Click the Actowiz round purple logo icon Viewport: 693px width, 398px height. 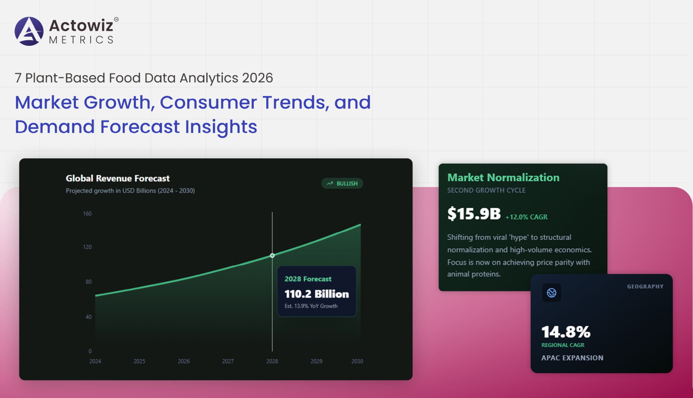coord(29,31)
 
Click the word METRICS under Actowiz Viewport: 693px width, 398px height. coord(81,40)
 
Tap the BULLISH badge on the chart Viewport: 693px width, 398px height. coord(342,184)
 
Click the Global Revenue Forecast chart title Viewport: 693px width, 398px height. coord(118,178)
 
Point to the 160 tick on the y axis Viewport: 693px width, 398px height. coord(87,214)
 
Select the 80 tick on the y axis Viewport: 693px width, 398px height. coord(88,282)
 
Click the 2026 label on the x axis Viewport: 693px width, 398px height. coord(183,361)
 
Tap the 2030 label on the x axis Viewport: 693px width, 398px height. coord(357,361)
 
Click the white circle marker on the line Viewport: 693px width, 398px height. coord(272,256)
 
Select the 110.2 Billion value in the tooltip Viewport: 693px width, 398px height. coord(316,294)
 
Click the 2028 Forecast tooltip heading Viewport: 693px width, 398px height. coord(308,279)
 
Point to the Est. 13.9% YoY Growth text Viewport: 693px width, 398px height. coord(311,306)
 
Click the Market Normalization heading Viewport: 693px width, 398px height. coord(503,177)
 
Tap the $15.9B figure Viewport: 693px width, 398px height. coord(474,214)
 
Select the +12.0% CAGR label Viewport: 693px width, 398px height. coord(526,217)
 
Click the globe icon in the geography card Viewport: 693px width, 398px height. coord(551,293)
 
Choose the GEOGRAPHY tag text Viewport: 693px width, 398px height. coord(645,286)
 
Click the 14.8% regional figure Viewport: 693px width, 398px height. coord(565,332)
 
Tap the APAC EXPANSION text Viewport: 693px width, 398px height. coord(572,358)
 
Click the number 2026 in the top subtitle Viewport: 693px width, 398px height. coord(257,78)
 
